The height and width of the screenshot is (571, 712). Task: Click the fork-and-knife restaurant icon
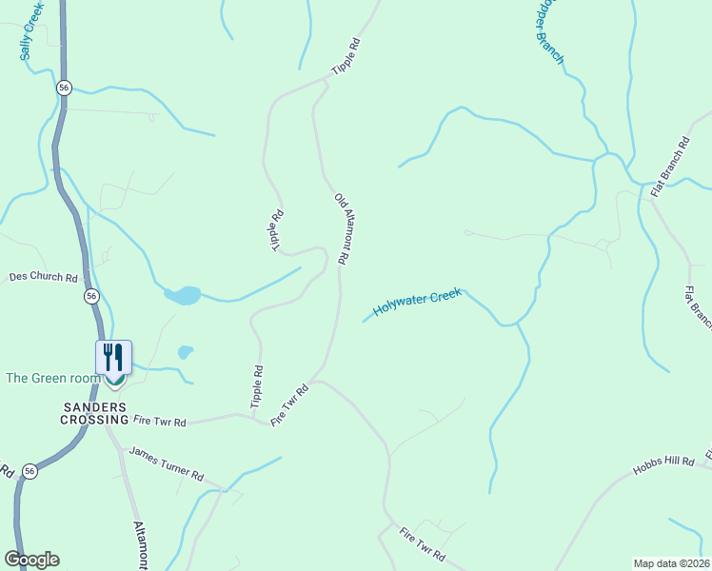113,358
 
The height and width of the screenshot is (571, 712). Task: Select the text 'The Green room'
52,378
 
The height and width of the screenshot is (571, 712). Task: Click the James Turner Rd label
167,463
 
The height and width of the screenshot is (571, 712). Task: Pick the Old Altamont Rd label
343,228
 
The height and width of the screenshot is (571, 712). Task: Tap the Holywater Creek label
417,303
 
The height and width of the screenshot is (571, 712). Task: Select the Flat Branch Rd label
669,168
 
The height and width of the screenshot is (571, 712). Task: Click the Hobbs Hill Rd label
663,467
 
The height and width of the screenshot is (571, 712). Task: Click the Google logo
31,560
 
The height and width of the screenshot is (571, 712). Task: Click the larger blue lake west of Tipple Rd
183,295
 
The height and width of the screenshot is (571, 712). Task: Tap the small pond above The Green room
185,352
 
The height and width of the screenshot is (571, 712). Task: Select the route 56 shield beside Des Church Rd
91,296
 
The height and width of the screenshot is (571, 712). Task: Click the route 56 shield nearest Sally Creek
64,87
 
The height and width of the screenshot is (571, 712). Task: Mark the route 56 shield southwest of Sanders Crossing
30,471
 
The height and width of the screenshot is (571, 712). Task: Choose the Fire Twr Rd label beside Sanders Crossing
160,421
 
